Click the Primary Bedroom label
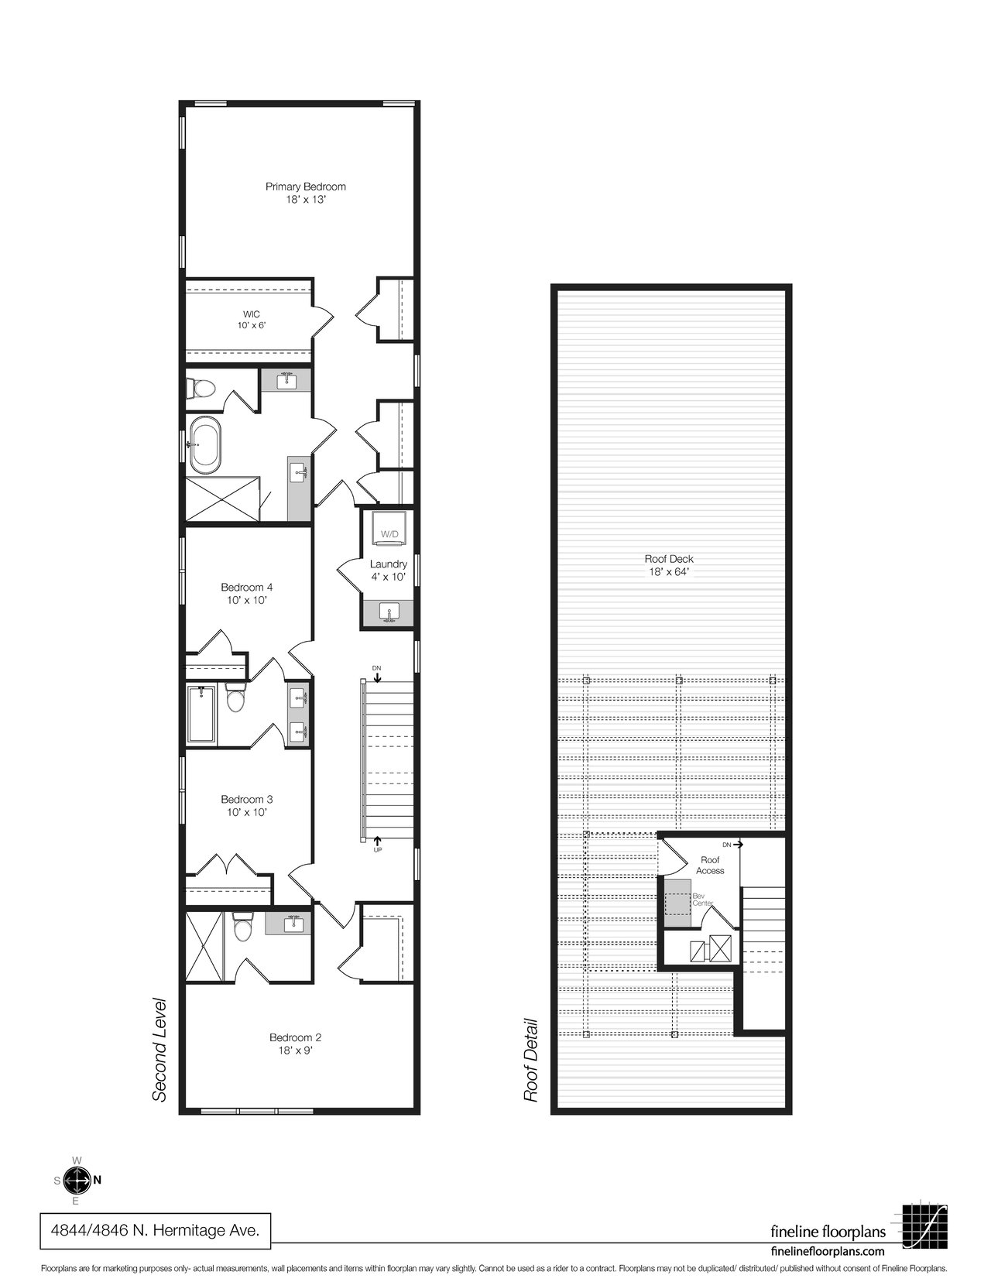[306, 193]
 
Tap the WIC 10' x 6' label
[252, 320]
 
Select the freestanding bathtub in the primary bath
[204, 445]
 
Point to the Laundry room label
[388, 571]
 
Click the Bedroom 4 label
[246, 594]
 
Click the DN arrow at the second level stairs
[377, 674]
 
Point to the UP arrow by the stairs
[378, 843]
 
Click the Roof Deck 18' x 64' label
[669, 565]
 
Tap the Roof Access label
[710, 865]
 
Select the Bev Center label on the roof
[702, 899]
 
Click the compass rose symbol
[75, 1181]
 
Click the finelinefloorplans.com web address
[828, 1246]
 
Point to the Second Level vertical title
[159, 1050]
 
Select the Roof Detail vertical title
[531, 1061]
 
